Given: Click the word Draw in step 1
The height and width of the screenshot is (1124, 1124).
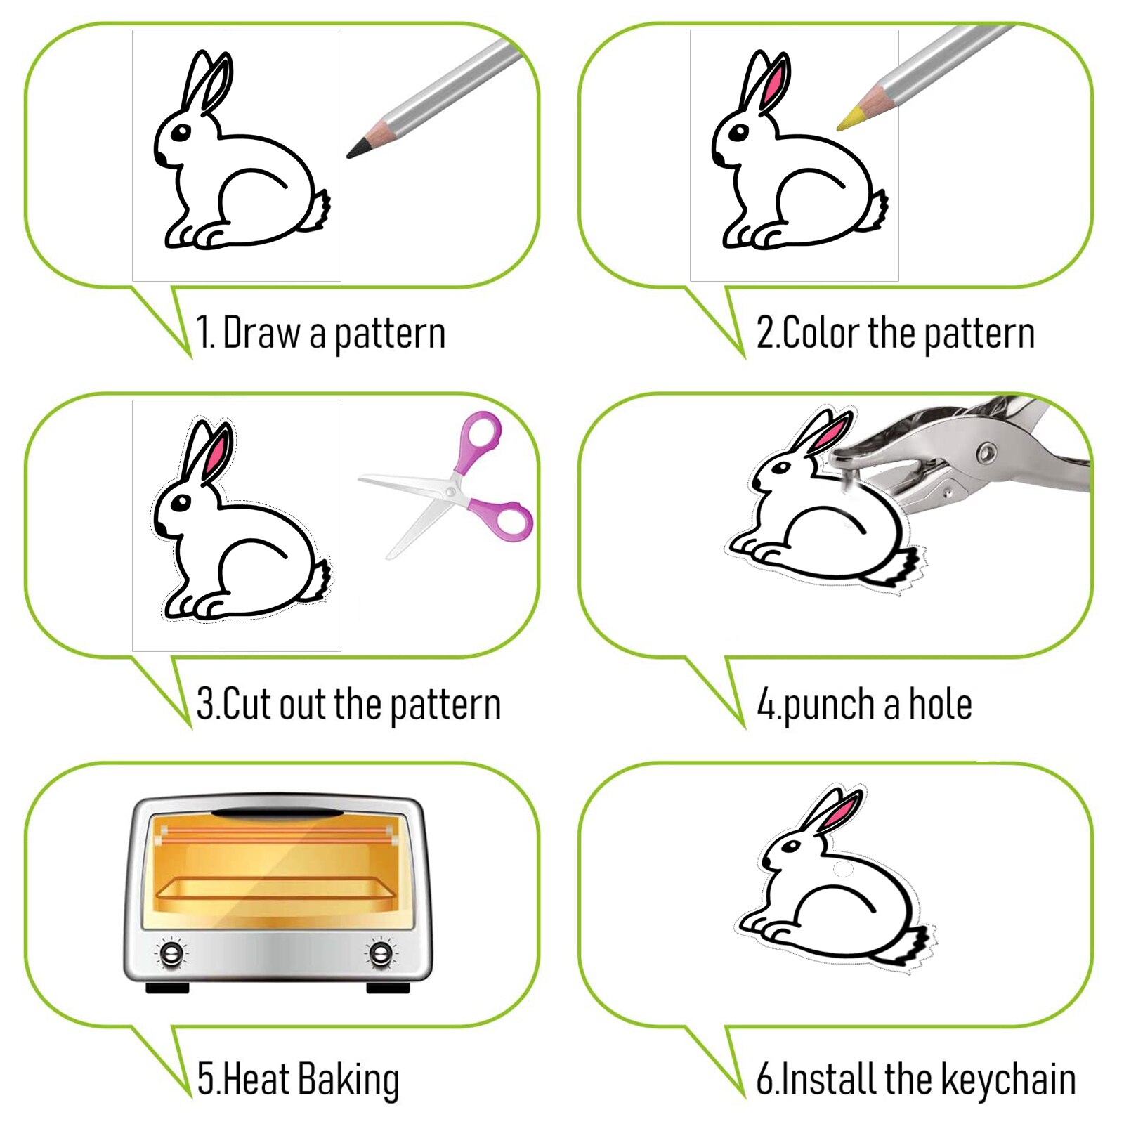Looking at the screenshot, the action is click(x=262, y=333).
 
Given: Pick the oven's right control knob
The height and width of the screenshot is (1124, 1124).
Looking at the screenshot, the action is click(x=381, y=953).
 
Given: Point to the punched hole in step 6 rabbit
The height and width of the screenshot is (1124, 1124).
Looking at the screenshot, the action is click(x=842, y=870).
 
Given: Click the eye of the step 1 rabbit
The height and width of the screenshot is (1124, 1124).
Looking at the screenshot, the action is click(x=181, y=132).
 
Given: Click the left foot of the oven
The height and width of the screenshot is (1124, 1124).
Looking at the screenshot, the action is click(x=167, y=988).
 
